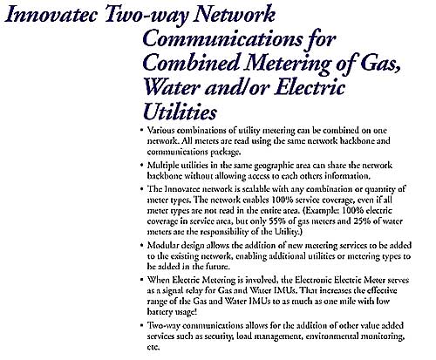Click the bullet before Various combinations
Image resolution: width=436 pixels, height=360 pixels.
pyautogui.click(x=141, y=132)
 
